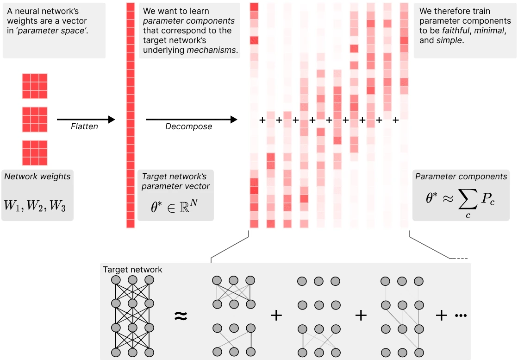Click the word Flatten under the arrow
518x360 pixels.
tap(84, 126)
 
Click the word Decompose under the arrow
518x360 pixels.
tap(188, 126)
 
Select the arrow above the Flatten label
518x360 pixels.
tap(86, 120)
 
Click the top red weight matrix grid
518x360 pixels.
tap(35, 86)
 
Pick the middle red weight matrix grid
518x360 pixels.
tap(35, 120)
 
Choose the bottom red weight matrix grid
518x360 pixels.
tap(35, 153)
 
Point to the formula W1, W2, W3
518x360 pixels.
tap(35, 206)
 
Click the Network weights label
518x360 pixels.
tap(37, 177)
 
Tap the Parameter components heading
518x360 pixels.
tap(461, 177)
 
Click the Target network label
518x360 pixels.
tap(132, 270)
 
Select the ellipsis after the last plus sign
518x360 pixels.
tap(461, 316)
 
